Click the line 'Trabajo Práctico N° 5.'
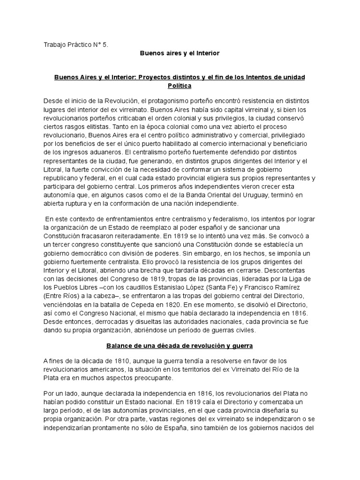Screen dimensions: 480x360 (75, 45)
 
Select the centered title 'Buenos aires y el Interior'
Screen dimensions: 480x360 (180, 53)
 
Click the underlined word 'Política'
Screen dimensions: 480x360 (180, 86)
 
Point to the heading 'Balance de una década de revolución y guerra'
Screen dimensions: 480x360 (180, 345)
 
